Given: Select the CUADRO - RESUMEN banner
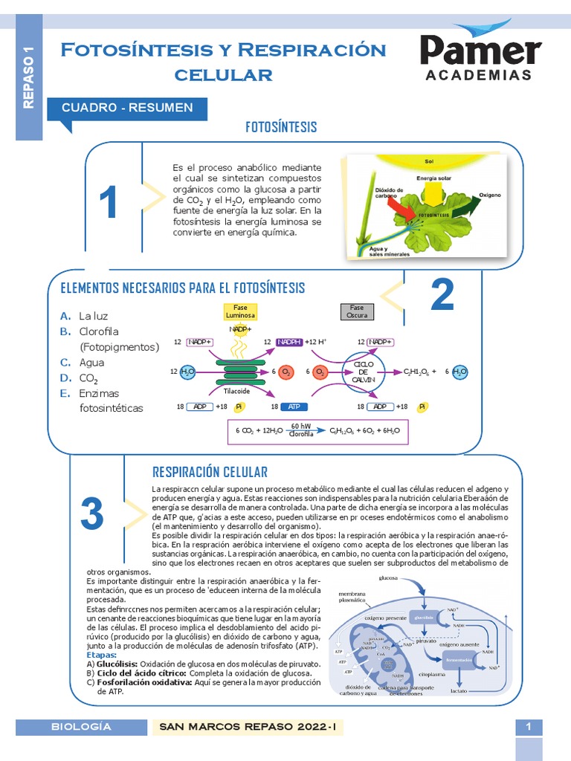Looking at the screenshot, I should point(127,109).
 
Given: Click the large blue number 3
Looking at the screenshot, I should point(92,514).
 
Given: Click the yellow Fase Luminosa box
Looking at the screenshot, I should point(240,311).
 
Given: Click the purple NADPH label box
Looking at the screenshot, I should point(289,342).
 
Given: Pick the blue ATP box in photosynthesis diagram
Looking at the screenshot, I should point(294,407).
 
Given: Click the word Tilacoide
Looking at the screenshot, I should point(236,391).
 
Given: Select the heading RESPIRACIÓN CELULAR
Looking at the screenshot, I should point(210,472).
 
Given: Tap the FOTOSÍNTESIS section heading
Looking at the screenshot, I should point(281,127).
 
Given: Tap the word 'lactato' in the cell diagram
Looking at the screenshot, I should point(459,690).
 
